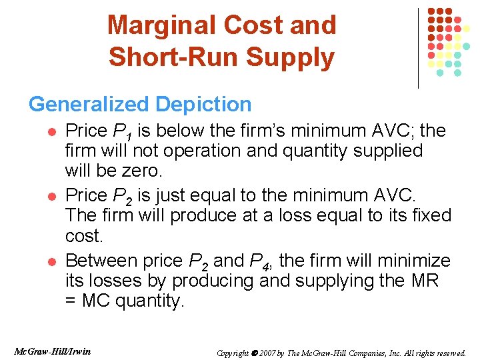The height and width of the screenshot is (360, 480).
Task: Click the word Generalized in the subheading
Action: point(89,105)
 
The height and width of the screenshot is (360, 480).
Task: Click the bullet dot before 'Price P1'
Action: point(51,131)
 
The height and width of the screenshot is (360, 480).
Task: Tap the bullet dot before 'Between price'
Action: point(51,261)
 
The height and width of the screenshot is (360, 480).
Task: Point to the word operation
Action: point(193,151)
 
